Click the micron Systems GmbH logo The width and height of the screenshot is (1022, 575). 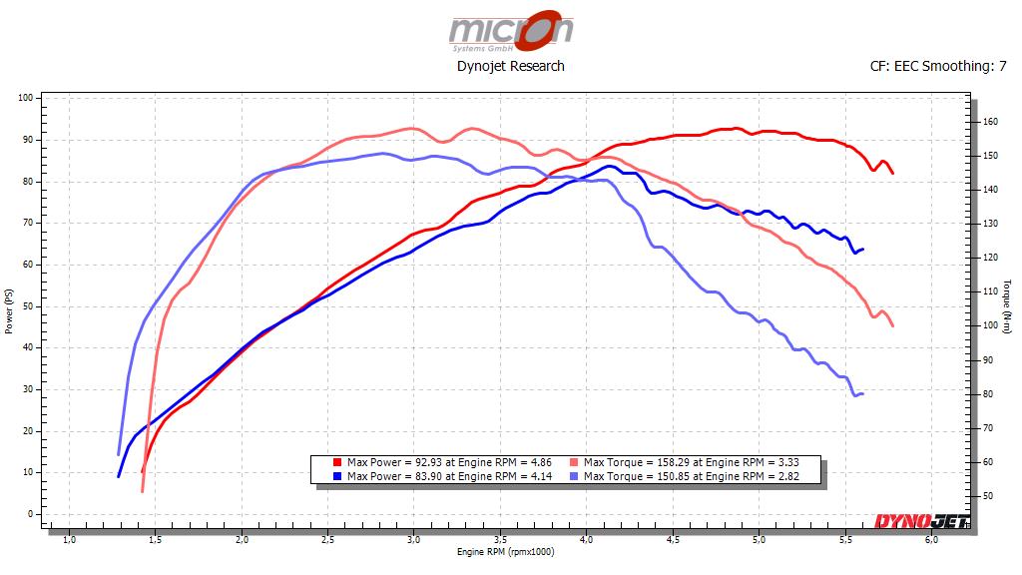[x=510, y=31]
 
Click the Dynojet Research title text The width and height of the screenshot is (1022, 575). [x=510, y=66]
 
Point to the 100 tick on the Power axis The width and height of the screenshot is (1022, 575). [x=25, y=98]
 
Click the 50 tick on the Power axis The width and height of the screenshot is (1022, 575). [x=27, y=306]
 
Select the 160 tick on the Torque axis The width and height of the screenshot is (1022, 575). [x=989, y=122]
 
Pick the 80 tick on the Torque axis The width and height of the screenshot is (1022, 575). [x=988, y=394]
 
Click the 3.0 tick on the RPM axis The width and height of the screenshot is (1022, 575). [x=414, y=540]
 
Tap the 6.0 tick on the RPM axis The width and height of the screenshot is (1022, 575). [x=931, y=540]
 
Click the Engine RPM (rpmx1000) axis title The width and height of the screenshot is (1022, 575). [x=504, y=552]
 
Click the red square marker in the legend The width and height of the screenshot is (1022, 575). [x=337, y=462]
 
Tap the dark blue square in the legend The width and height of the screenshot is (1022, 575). [x=337, y=476]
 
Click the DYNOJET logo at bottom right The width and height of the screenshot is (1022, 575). [x=918, y=520]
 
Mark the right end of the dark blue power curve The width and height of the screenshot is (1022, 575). [x=862, y=249]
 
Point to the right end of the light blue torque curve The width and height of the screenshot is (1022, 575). [x=862, y=393]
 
